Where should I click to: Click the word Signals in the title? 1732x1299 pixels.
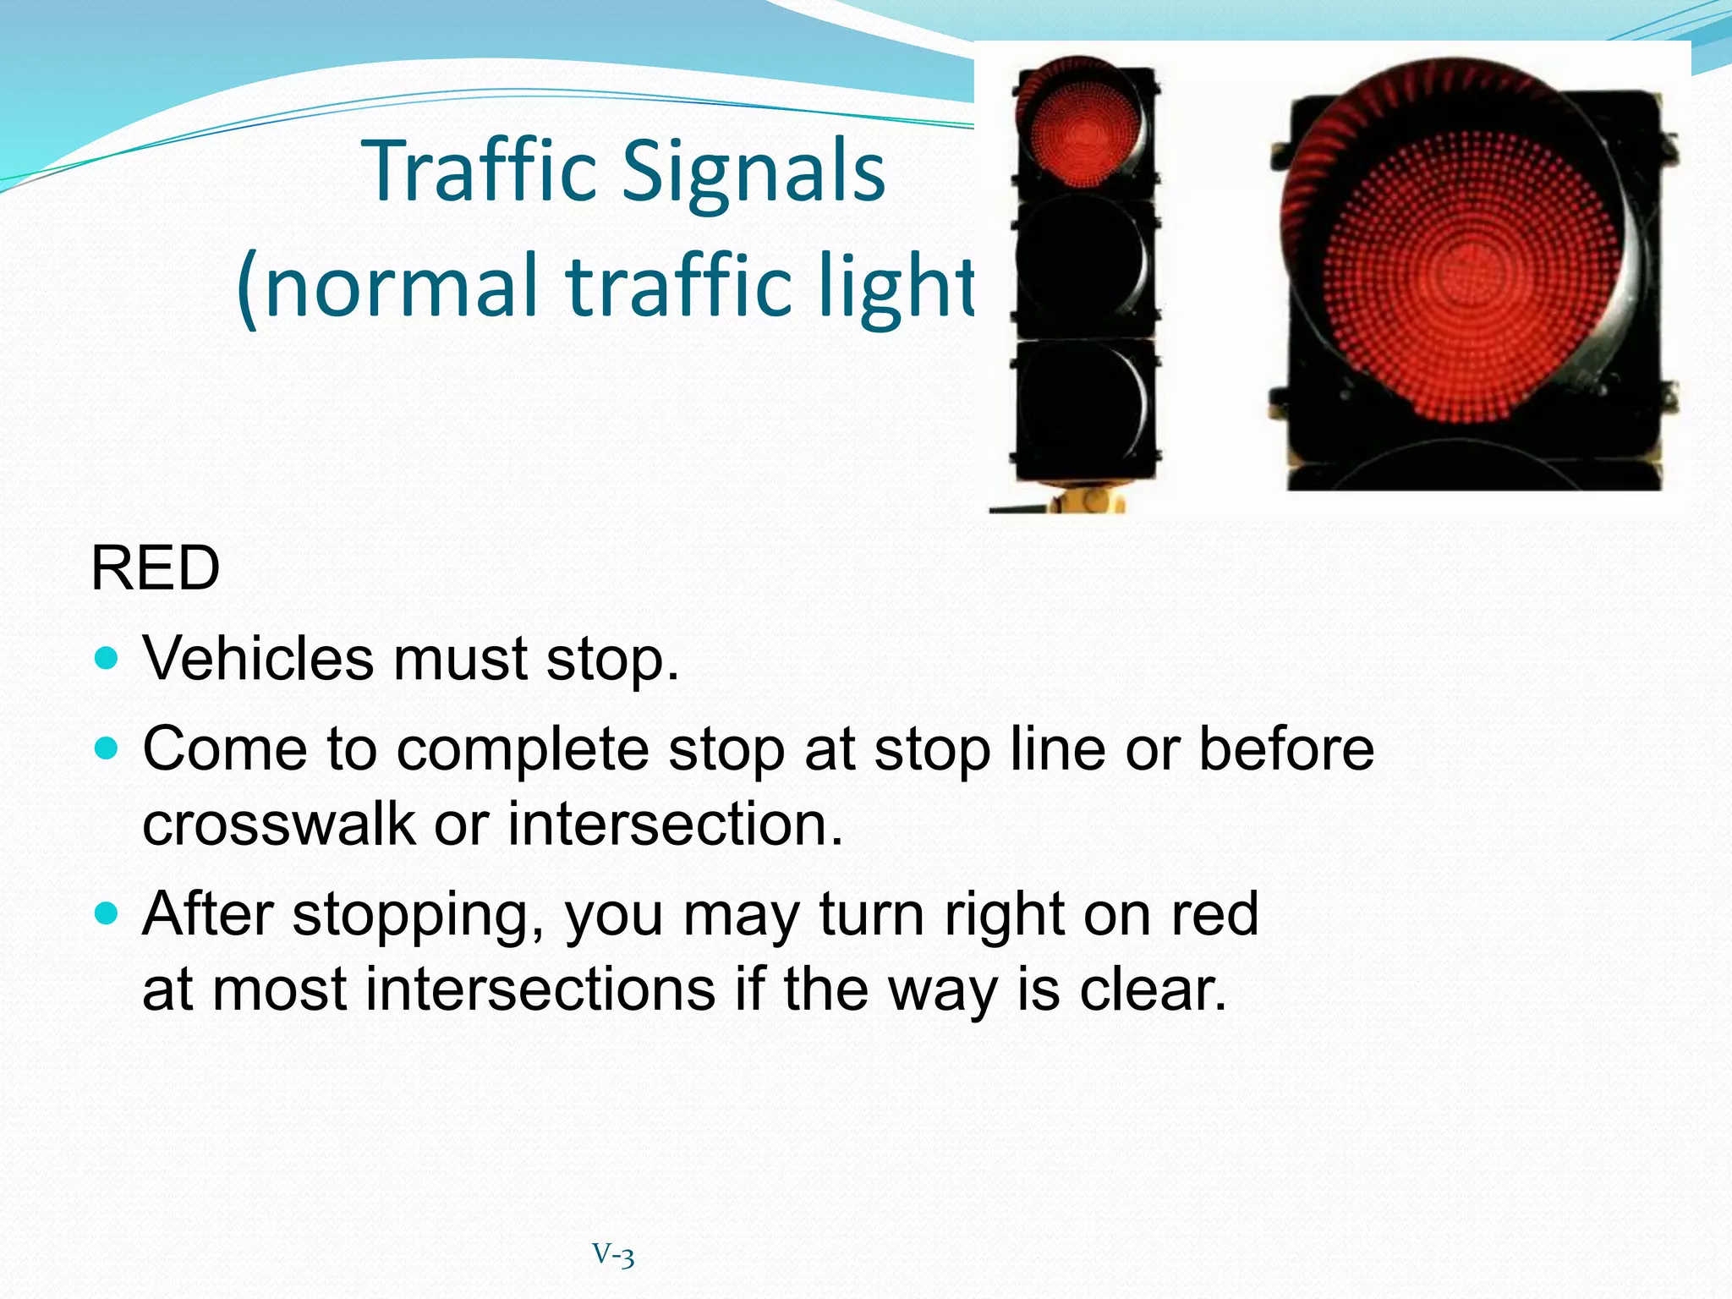click(x=754, y=172)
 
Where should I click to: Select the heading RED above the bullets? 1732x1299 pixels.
click(x=155, y=568)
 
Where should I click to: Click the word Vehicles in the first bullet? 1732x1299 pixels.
click(x=257, y=658)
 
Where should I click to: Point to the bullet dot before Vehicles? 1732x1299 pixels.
click(x=107, y=658)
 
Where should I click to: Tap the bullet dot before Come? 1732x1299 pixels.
click(x=107, y=748)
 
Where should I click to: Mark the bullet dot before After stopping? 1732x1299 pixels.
click(x=107, y=913)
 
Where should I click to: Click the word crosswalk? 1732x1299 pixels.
click(x=278, y=823)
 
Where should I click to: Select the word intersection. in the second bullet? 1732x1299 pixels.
click(x=675, y=823)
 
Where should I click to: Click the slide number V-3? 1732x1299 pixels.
click(x=613, y=1254)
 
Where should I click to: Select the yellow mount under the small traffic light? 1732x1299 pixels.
click(x=1089, y=500)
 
